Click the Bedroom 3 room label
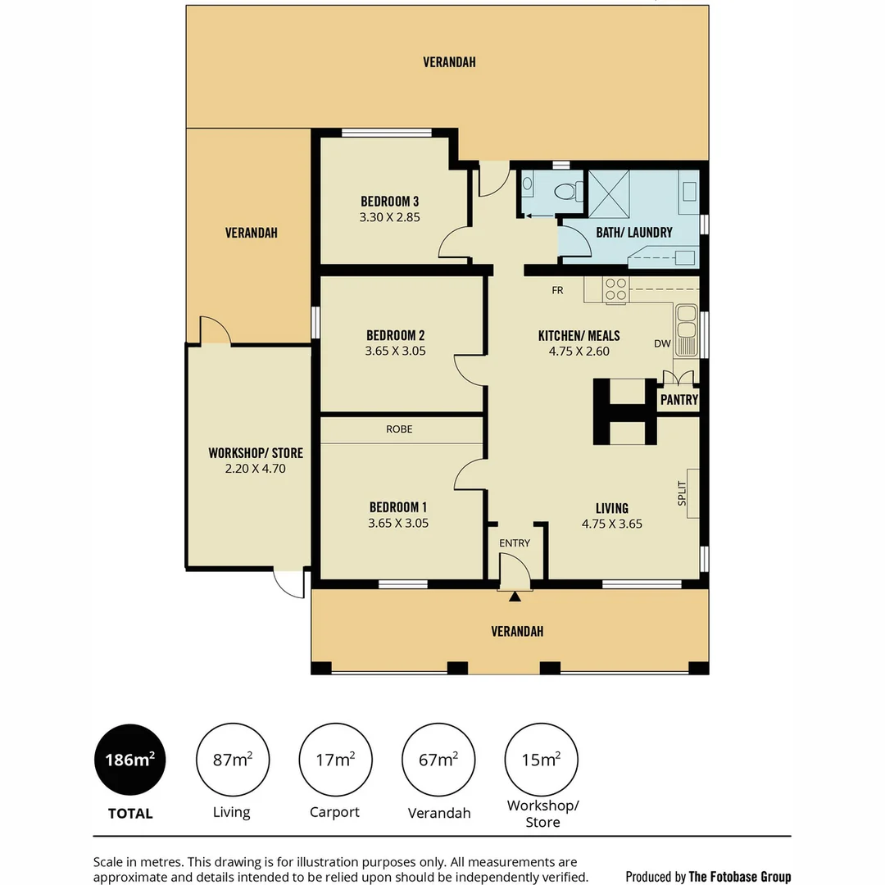tap(390, 202)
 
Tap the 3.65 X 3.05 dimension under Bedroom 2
tap(395, 351)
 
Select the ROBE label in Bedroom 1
tap(400, 429)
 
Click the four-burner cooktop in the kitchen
tap(615, 289)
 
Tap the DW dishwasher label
tap(662, 344)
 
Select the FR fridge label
tap(557, 290)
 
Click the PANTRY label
tap(679, 400)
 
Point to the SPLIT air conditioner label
tap(682, 493)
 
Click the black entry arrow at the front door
tap(514, 597)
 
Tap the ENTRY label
tap(515, 542)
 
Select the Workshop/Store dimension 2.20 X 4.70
tap(255, 470)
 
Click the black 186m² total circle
tap(129, 760)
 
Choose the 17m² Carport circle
tap(335, 760)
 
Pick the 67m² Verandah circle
tap(438, 760)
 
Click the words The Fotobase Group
tap(740, 877)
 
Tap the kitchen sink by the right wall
tap(686, 330)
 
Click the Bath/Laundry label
tap(633, 233)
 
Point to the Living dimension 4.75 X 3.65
tap(611, 524)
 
